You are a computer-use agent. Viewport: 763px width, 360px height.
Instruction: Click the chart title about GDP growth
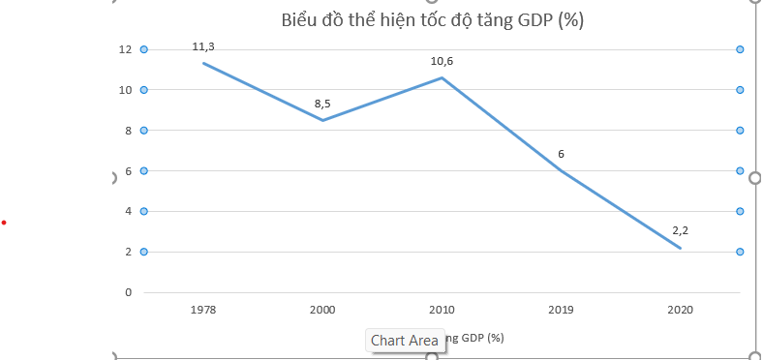tap(432, 20)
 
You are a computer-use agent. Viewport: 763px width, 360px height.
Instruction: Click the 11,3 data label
tap(203, 45)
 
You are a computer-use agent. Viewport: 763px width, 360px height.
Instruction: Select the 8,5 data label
tap(322, 104)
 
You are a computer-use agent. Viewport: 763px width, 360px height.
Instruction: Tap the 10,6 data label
tap(442, 61)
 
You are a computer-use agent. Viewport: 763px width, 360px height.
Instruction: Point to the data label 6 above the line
tap(561, 154)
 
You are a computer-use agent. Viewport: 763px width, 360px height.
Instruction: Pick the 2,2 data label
tap(680, 230)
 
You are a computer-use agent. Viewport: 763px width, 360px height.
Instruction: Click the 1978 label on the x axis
tap(203, 310)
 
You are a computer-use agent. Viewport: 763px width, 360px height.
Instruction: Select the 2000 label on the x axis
tap(322, 310)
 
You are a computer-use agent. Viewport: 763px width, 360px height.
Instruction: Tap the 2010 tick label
tap(442, 310)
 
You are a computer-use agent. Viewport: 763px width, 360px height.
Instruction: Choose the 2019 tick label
tap(561, 310)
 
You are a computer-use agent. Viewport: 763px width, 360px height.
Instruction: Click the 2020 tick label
tap(680, 310)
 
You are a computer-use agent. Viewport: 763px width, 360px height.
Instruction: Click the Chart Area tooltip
tap(404, 340)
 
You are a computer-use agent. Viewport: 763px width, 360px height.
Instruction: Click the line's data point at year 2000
tap(322, 120)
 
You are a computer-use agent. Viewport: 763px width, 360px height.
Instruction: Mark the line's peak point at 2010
tap(442, 77)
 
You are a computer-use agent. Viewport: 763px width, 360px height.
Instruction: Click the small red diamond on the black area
tap(4, 224)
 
